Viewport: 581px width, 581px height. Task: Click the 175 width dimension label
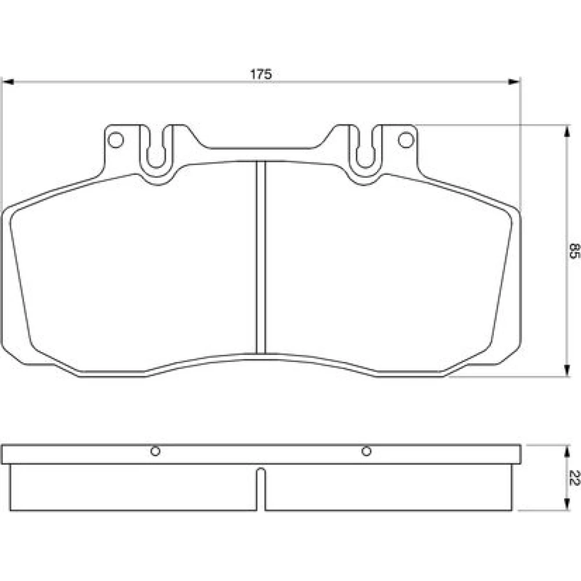(261, 74)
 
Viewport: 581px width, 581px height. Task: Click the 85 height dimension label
(573, 251)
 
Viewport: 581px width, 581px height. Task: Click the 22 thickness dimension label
(573, 478)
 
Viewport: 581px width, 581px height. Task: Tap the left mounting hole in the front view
(115, 140)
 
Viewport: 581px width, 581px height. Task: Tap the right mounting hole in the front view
(406, 140)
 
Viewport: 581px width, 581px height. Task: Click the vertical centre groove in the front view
(261, 257)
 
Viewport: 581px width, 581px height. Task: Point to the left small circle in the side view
(155, 451)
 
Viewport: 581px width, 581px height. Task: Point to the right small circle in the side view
(366, 451)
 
